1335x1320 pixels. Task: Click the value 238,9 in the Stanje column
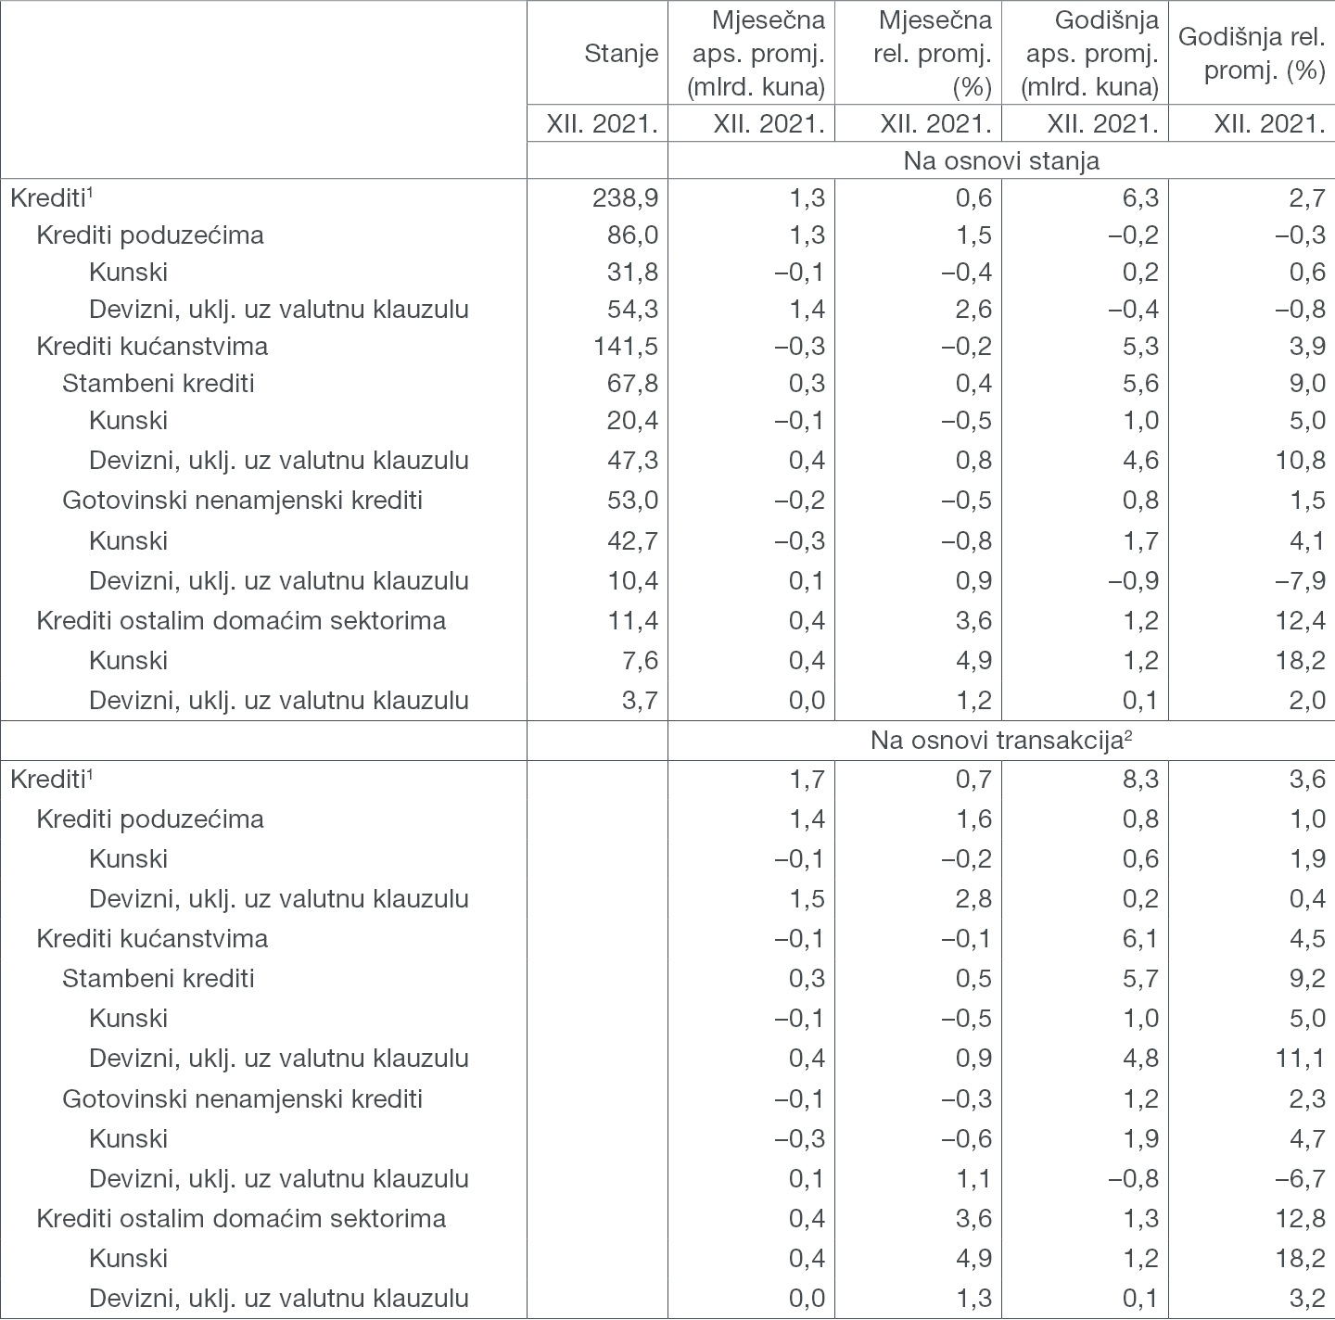(626, 197)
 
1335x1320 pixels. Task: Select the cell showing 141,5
(626, 347)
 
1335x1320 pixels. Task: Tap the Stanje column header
(621, 54)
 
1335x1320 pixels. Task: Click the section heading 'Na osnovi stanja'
(1001, 160)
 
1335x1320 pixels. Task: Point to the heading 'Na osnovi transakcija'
(1001, 741)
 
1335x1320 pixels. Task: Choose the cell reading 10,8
(1299, 461)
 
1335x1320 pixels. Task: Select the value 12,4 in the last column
(1299, 620)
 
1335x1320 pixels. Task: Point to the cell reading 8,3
(1139, 780)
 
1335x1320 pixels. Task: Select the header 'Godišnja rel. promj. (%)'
(1252, 54)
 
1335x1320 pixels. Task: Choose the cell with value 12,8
(1299, 1218)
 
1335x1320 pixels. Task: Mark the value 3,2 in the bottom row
(1305, 1299)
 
